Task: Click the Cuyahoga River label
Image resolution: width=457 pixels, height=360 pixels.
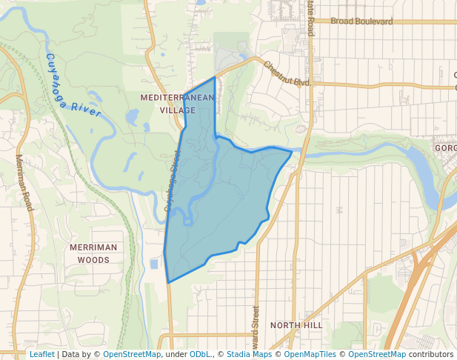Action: (73, 86)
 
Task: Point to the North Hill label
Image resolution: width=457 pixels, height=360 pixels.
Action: (296, 325)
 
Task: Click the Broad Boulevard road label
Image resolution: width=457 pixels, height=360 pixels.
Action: (361, 21)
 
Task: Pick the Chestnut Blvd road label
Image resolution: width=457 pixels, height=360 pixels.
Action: (286, 73)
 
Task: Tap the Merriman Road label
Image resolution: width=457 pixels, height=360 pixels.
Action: (24, 182)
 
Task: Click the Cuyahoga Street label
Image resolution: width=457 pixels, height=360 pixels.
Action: (173, 181)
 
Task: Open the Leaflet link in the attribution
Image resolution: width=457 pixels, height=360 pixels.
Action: (41, 354)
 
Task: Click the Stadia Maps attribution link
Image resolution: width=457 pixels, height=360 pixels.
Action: (249, 354)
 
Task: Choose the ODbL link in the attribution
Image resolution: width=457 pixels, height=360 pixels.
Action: (199, 354)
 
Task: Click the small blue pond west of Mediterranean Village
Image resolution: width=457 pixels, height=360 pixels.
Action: (133, 117)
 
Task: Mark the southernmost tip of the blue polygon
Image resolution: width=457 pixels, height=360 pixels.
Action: (169, 282)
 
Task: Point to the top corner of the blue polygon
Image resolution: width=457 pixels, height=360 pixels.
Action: (215, 77)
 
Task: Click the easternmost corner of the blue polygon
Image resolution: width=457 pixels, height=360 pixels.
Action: (291, 154)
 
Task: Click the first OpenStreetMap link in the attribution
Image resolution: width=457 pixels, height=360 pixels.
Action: (132, 354)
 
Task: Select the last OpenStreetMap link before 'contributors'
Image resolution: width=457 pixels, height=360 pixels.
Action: (377, 354)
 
